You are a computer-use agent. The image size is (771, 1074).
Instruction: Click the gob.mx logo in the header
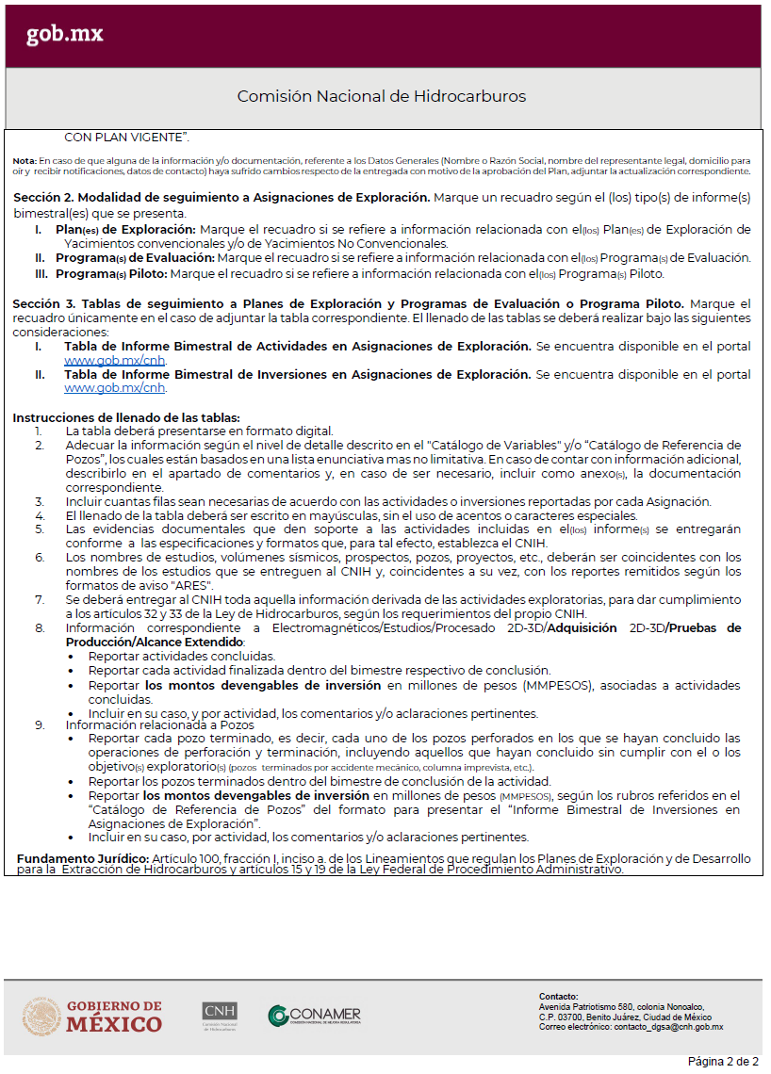pos(64,35)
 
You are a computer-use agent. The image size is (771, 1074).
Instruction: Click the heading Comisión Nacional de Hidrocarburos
pos(381,96)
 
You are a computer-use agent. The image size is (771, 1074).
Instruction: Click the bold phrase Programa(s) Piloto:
pos(111,274)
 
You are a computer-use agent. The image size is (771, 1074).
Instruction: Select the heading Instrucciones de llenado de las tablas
pos(126,418)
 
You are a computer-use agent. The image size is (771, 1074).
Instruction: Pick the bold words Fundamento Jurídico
pos(83,859)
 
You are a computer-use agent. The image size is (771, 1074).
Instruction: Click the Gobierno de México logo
pos(92,1017)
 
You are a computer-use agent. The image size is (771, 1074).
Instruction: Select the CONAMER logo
pos(314,1016)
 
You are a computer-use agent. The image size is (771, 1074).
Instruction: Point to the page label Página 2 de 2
pos(722,1061)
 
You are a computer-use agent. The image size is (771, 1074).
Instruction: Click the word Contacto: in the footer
pos(558,997)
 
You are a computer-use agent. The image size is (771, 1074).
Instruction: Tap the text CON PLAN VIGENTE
pos(126,138)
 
